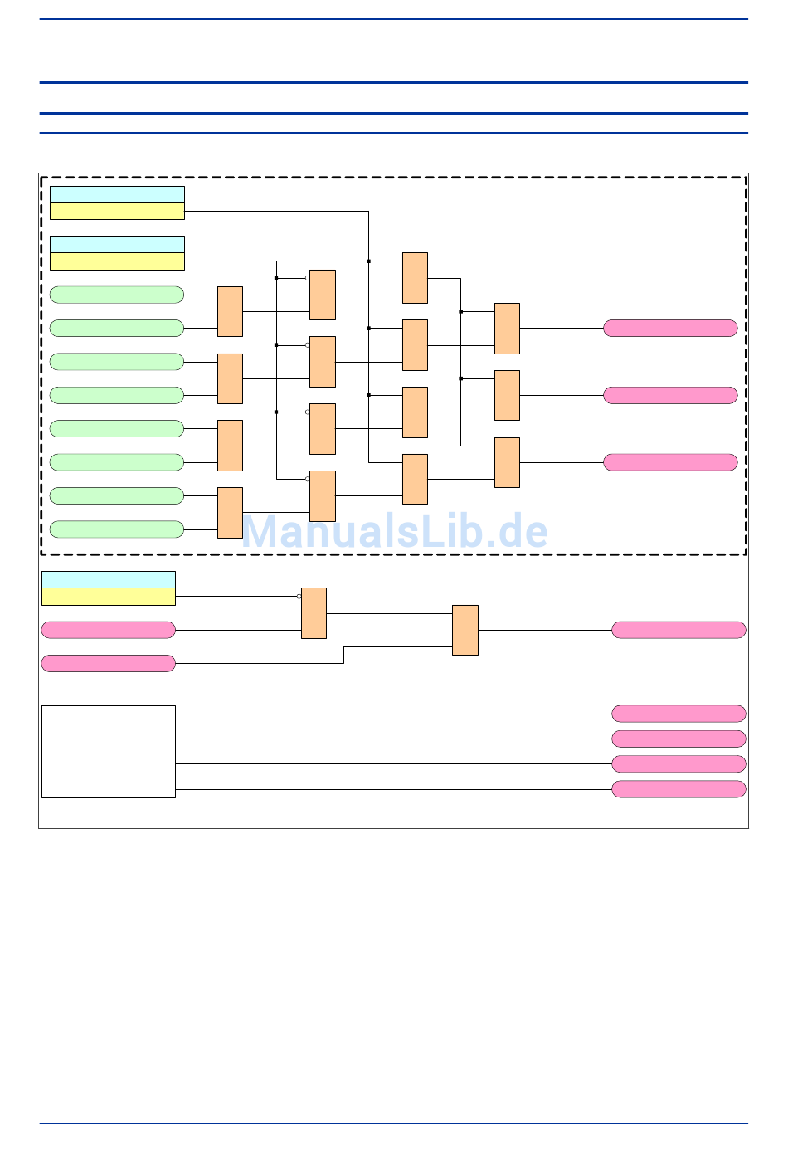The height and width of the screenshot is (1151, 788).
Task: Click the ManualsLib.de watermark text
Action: [x=395, y=531]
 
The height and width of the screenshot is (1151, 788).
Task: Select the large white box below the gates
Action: [x=109, y=751]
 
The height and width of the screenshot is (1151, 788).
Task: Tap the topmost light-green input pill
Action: [x=117, y=295]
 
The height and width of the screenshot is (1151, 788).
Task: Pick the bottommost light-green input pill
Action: [x=117, y=529]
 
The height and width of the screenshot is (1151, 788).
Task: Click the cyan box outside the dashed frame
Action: [x=109, y=579]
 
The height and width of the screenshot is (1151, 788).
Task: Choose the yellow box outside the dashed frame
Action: [x=109, y=597]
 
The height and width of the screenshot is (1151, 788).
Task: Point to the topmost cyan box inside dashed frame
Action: [x=117, y=195]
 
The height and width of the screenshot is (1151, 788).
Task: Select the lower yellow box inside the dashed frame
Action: [x=117, y=261]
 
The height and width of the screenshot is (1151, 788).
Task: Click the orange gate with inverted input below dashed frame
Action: [x=314, y=613]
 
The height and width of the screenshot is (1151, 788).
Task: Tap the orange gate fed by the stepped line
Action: [x=465, y=630]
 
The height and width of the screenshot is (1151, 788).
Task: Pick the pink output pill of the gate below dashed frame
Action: [x=679, y=630]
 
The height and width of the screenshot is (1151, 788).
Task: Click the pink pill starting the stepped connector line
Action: [x=109, y=663]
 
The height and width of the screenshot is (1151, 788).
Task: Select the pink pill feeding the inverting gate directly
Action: [x=109, y=630]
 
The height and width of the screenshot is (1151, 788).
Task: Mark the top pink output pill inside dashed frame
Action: [x=670, y=329]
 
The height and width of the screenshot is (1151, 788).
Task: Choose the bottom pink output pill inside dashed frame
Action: [x=670, y=462]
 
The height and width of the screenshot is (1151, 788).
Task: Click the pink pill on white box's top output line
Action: [x=679, y=714]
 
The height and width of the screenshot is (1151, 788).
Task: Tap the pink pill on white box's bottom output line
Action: [x=679, y=789]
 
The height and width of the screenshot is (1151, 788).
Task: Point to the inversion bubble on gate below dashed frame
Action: [x=299, y=597]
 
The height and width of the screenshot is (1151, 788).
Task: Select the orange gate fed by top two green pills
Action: [x=230, y=311]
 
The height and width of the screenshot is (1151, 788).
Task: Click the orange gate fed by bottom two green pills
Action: [x=230, y=513]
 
